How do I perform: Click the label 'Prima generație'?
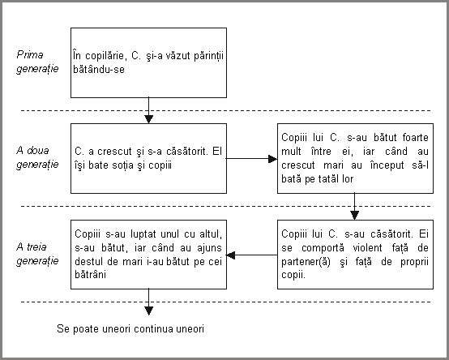[37, 62]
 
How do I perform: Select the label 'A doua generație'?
[37, 157]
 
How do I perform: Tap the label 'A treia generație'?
[37, 254]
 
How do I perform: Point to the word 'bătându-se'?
[99, 69]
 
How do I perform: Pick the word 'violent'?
[367, 248]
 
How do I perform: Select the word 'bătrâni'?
[91, 275]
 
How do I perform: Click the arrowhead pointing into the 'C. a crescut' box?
[148, 119]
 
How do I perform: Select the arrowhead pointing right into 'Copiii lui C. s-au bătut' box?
[272, 159]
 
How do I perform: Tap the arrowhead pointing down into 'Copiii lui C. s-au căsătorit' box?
[354, 216]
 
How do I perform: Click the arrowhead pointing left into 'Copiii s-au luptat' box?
[230, 255]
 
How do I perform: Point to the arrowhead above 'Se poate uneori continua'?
[148, 311]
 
